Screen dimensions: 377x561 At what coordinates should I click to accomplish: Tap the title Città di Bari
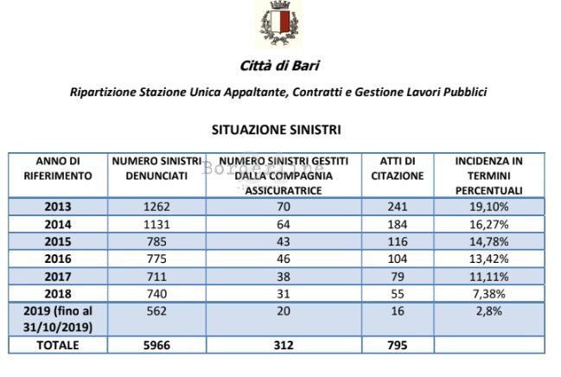pyautogui.click(x=277, y=67)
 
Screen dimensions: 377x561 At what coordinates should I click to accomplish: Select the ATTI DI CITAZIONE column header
pyautogui.click(x=398, y=169)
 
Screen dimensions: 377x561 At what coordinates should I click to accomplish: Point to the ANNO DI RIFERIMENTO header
pyautogui.click(x=58, y=169)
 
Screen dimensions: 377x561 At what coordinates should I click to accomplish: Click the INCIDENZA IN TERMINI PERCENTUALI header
pyautogui.click(x=488, y=176)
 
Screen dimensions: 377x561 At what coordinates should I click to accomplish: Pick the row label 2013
pyautogui.click(x=58, y=208)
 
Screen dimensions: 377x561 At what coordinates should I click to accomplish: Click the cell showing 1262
pyautogui.click(x=156, y=208)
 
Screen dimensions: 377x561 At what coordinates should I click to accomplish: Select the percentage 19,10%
pyautogui.click(x=488, y=208)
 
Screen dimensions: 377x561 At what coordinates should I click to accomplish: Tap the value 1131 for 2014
pyautogui.click(x=156, y=224)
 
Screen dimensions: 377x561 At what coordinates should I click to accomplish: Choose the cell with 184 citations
pyautogui.click(x=398, y=224)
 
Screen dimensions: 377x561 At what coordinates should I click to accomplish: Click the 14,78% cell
pyautogui.click(x=488, y=240)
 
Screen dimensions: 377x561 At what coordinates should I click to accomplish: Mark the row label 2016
pyautogui.click(x=58, y=257)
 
